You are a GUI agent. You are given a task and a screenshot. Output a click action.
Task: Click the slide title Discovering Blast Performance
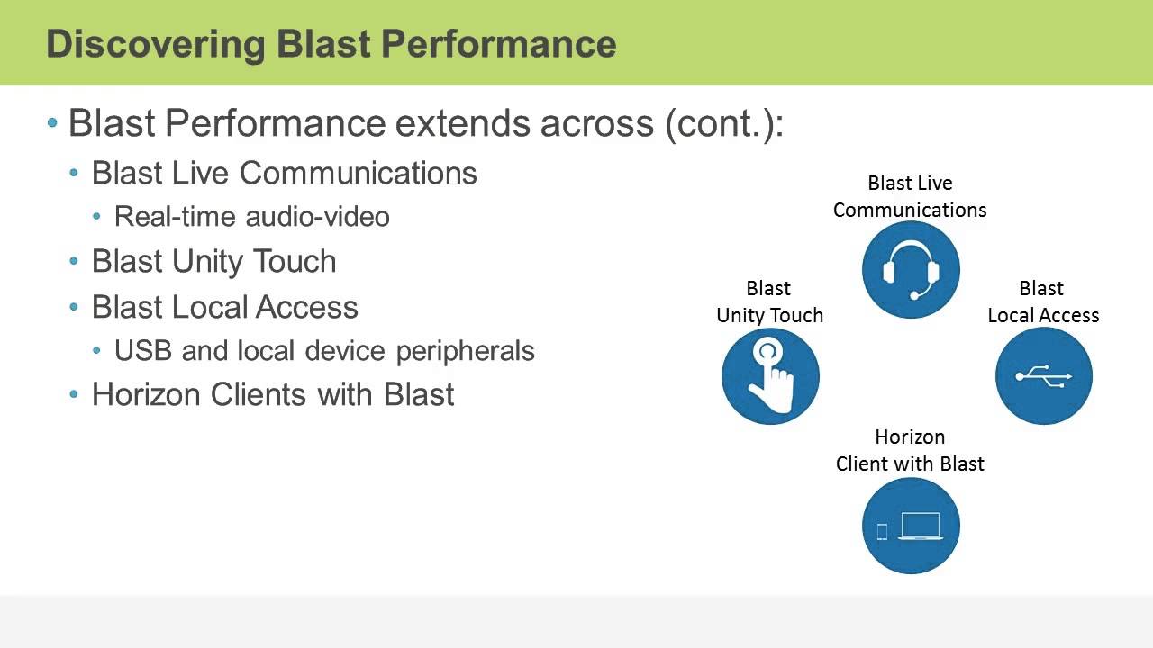(331, 43)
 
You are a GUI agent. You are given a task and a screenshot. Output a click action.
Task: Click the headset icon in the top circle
(910, 270)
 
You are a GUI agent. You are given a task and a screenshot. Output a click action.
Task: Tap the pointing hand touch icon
(770, 376)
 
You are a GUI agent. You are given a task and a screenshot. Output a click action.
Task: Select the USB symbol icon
(1043, 376)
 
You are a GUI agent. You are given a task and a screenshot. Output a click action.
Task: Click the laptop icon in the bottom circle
(920, 526)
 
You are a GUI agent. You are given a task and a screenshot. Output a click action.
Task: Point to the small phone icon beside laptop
(882, 532)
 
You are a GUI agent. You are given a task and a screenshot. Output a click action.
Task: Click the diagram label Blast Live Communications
(910, 196)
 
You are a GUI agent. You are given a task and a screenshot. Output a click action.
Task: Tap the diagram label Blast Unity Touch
(769, 301)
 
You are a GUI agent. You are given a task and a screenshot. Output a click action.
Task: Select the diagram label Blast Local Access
(1043, 301)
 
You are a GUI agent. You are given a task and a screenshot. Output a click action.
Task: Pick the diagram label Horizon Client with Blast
(910, 450)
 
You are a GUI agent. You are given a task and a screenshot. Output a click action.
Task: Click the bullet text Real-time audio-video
(251, 217)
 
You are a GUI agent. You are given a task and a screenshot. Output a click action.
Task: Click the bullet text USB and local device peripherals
(324, 351)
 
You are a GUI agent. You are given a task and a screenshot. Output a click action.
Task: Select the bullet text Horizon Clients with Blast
(273, 394)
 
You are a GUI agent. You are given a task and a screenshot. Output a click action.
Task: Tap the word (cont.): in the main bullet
(724, 123)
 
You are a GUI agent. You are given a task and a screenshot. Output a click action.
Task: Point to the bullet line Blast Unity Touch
(213, 261)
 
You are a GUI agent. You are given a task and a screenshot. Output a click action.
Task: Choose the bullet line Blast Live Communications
(284, 173)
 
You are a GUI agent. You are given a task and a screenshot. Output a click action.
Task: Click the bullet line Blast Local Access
(224, 307)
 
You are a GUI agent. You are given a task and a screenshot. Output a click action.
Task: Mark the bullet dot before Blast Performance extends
(52, 123)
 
